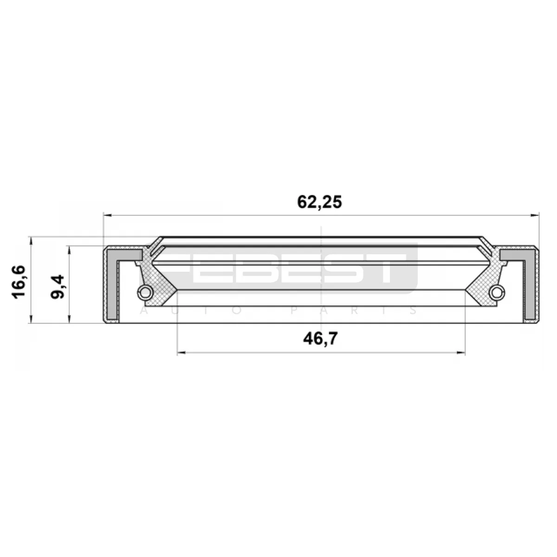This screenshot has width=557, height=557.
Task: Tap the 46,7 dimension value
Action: [320, 339]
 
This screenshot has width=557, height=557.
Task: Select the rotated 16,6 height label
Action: [19, 282]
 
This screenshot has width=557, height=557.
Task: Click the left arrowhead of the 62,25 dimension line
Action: [107, 215]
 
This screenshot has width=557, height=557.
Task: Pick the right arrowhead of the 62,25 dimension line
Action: [535, 215]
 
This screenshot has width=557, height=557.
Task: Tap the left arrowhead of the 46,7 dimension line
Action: [181, 353]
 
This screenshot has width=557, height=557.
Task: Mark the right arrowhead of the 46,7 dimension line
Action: [461, 353]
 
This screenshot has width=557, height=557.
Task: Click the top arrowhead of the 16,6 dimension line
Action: [31, 241]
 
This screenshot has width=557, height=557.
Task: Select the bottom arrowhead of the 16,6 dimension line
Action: [31, 319]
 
